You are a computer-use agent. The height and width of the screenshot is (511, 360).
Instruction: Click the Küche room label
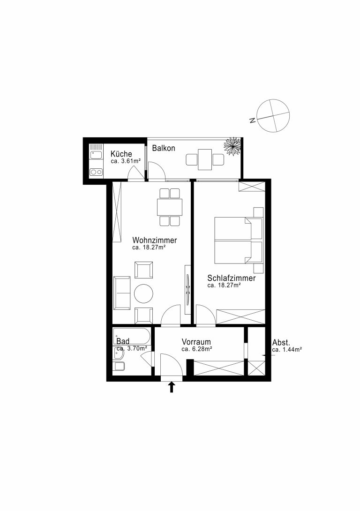[x=121, y=154]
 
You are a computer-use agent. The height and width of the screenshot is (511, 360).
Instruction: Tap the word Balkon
[x=164, y=148]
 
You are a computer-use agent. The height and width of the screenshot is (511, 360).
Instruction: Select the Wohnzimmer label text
[x=154, y=240]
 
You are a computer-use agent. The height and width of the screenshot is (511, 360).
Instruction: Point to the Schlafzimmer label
[x=231, y=278]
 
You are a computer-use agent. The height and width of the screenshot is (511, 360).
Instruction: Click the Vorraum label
[x=196, y=342]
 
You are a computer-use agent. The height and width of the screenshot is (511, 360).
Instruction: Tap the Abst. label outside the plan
[x=281, y=343]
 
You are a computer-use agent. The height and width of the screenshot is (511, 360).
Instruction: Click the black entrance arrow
[x=172, y=387]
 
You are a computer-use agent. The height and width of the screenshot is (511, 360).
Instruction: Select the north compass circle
[x=273, y=116]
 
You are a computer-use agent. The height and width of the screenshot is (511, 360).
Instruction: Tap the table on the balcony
[x=205, y=159]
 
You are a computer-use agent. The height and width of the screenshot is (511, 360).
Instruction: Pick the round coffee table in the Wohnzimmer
[x=143, y=293]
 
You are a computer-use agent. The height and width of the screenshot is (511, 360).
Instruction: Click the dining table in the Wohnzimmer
[x=170, y=207]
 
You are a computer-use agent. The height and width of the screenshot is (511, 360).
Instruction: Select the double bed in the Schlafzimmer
[x=239, y=240]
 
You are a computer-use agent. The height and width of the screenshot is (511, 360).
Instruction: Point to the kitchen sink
[x=96, y=154]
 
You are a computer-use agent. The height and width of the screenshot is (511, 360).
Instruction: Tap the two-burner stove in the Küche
[x=96, y=172]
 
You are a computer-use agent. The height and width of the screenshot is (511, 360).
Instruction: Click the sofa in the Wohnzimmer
[x=122, y=293]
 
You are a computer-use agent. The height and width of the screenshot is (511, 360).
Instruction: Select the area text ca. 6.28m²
[x=197, y=349]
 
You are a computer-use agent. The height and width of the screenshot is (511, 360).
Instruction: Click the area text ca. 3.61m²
[x=126, y=161]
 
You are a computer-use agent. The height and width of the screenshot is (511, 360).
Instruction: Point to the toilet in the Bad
[x=119, y=366]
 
